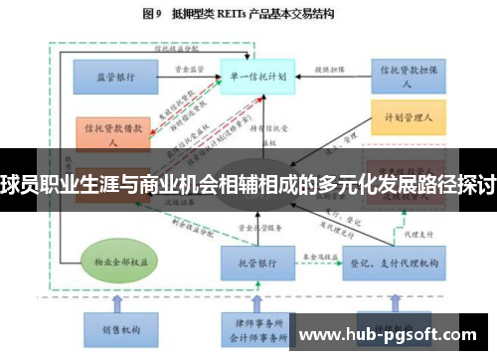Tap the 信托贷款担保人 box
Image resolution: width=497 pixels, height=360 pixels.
(x=405, y=74)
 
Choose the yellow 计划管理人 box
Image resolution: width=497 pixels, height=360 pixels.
(x=405, y=117)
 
